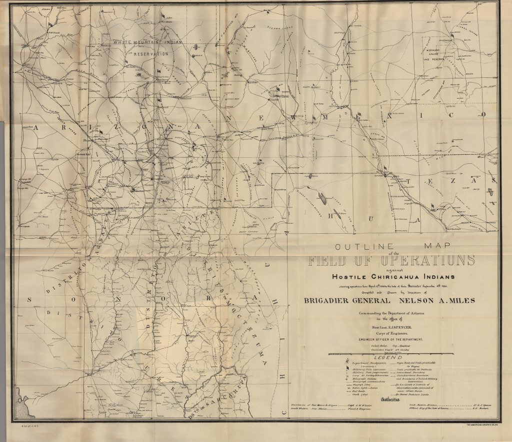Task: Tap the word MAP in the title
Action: point(437,246)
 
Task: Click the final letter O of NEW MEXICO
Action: point(483,115)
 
